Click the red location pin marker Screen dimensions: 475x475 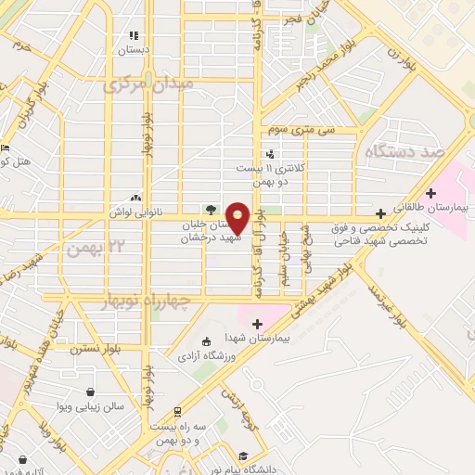[238, 217]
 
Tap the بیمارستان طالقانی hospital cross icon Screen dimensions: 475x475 [379, 211]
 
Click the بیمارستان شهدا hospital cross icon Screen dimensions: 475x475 [257, 323]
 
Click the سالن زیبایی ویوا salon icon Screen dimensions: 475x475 [89, 392]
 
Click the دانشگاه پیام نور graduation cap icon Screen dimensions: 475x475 [242, 456]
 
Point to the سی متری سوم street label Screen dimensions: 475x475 [298, 131]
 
